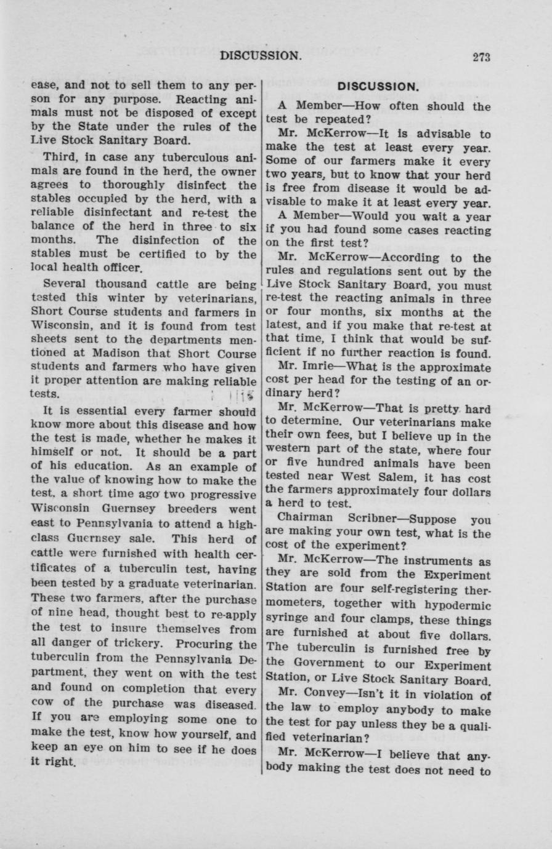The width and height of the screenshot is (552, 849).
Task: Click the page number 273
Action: pyautogui.click(x=481, y=57)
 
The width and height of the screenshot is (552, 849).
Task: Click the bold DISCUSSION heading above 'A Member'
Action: pyautogui.click(x=378, y=87)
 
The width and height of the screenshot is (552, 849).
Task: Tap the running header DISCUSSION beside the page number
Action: pyautogui.click(x=261, y=56)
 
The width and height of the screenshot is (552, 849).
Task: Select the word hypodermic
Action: pyautogui.click(x=457, y=607)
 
